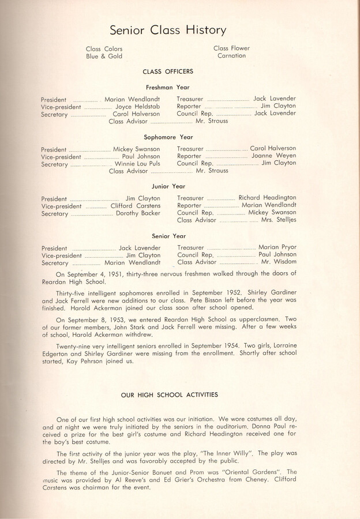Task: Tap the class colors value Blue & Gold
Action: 104,57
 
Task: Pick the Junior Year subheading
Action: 168,186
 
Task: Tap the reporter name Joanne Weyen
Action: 273,156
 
